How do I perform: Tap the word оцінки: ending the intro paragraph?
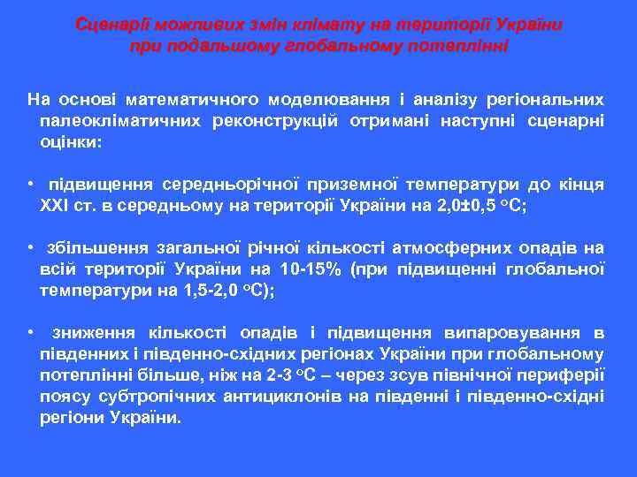tap(71, 140)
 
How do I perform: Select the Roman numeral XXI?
tap(57, 205)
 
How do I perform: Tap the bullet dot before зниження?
tap(30, 333)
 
